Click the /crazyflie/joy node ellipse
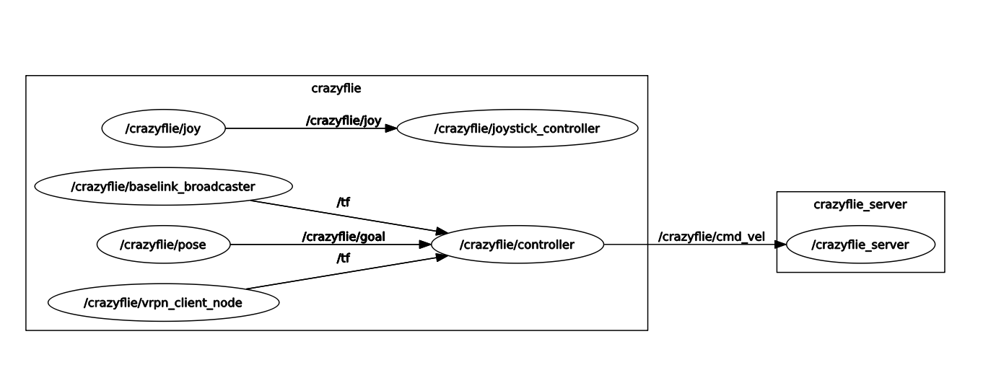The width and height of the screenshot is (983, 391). point(163,129)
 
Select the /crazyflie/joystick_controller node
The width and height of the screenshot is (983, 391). point(517,129)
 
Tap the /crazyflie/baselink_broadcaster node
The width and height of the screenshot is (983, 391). point(163,187)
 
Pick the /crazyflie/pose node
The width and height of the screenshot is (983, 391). point(163,245)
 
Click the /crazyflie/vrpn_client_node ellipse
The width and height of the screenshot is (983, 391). point(163,303)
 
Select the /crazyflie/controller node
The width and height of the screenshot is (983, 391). point(517,245)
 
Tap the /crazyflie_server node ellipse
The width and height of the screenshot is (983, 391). point(860,245)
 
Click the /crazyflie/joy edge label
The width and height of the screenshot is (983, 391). point(344,120)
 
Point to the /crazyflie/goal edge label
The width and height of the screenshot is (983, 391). point(344,237)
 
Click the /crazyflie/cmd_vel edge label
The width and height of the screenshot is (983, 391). point(711,237)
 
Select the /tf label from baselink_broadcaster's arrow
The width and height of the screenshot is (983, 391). point(344,203)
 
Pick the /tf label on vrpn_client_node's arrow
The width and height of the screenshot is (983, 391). point(344,258)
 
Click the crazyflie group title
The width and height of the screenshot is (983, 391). point(336,89)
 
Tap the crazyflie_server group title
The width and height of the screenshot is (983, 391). point(860,204)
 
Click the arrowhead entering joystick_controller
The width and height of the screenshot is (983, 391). point(390,129)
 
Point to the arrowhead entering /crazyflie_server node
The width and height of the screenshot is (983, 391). point(780,245)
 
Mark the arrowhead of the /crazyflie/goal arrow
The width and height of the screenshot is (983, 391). point(425,245)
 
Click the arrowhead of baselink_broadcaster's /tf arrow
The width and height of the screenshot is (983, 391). point(440,231)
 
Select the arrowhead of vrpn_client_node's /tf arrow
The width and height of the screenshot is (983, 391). point(440,256)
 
